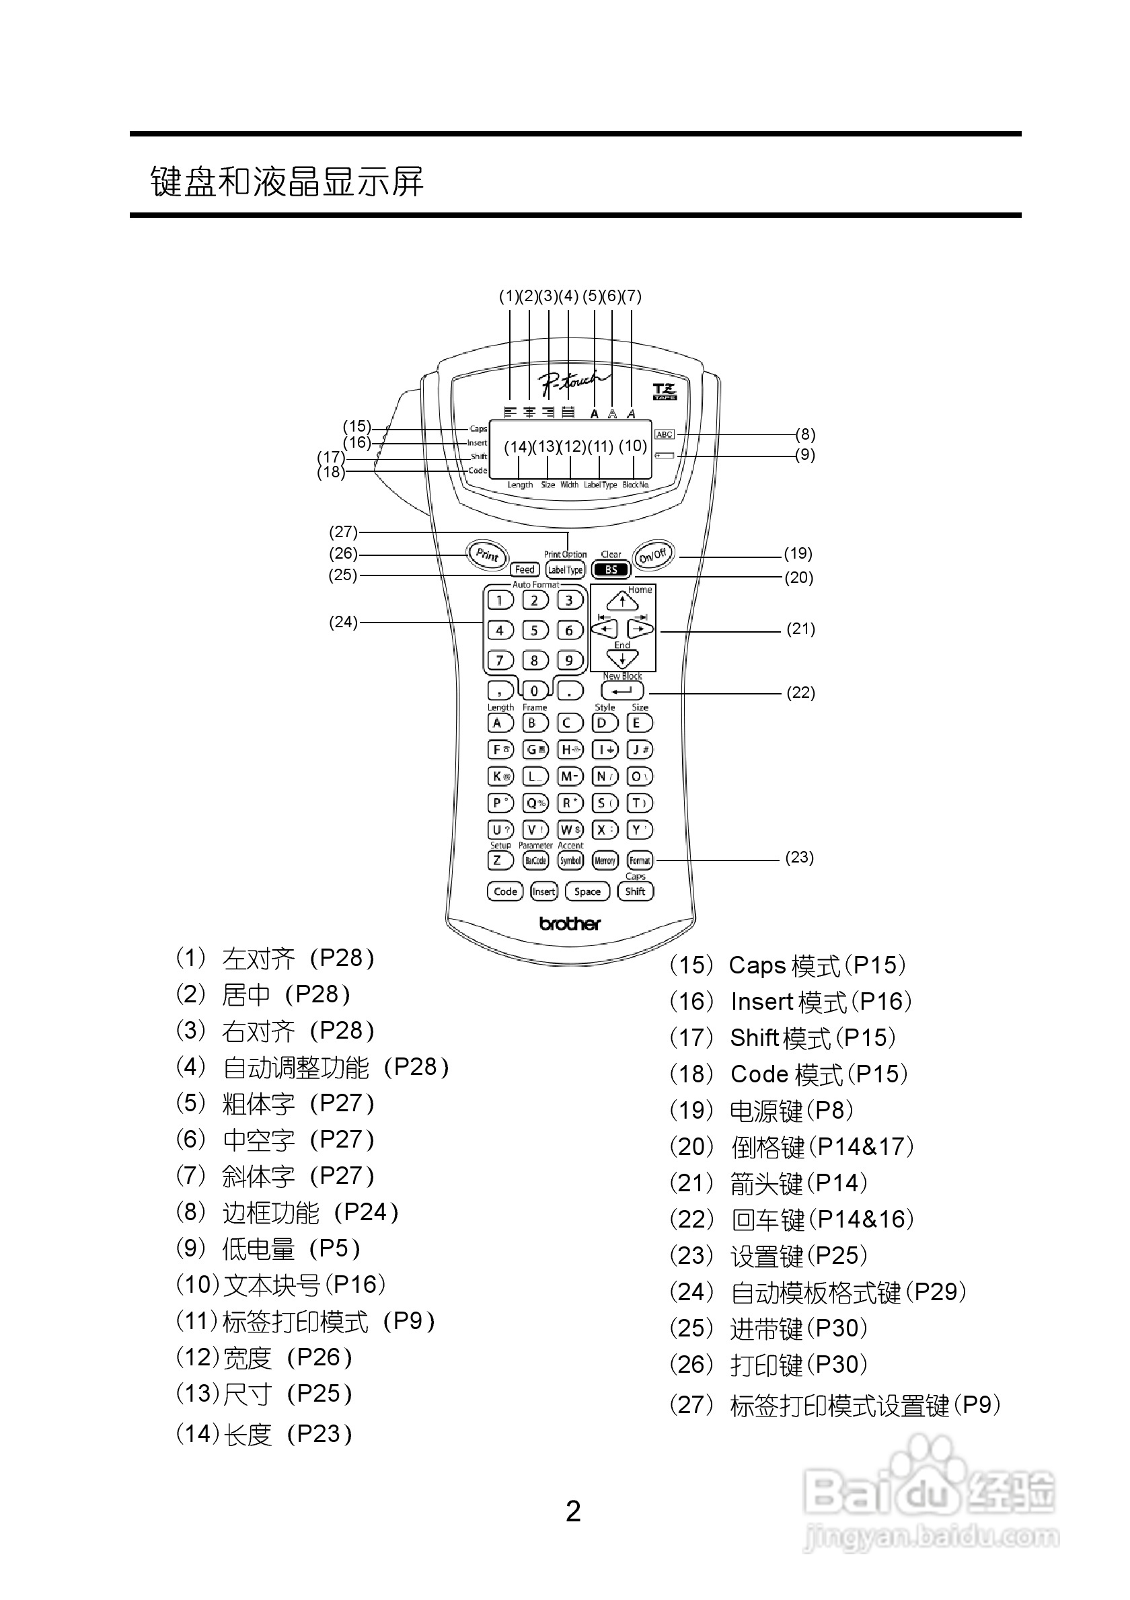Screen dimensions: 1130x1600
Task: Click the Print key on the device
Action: tap(486, 555)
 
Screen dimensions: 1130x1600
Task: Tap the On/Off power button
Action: tap(653, 555)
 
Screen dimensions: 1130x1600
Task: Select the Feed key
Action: tap(524, 569)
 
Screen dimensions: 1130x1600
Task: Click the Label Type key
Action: tap(564, 570)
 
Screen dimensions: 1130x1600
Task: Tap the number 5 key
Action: tap(535, 631)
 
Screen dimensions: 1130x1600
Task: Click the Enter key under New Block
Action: tap(621, 691)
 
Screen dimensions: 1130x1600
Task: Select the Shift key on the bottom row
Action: tap(635, 891)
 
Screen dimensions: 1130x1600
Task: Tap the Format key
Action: tap(639, 861)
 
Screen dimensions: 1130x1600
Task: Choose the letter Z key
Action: tap(498, 861)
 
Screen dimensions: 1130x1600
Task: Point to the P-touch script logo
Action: tap(572, 381)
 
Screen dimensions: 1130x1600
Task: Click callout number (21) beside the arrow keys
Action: tap(800, 629)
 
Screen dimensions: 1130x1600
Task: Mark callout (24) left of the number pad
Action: tap(343, 622)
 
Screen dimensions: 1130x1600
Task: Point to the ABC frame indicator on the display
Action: tap(665, 434)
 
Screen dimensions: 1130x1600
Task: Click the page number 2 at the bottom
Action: tap(573, 1511)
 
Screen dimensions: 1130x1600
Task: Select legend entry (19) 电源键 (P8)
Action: tap(761, 1110)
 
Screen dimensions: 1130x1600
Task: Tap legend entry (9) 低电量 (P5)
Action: tap(268, 1248)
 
